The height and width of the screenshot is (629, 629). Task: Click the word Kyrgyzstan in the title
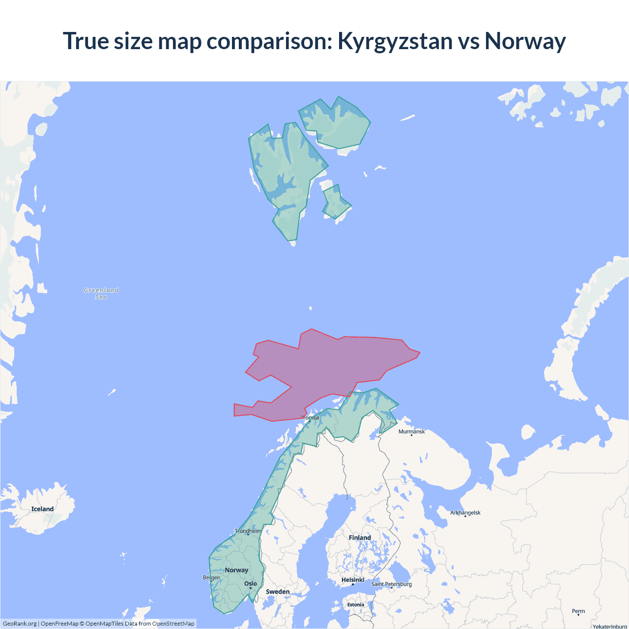pos(395,41)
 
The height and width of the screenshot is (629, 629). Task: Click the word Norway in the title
pos(525,41)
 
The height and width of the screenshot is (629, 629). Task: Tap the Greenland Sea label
pos(101,293)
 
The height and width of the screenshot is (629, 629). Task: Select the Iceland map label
pos(42,509)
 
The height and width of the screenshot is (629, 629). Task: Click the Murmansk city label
pos(411,431)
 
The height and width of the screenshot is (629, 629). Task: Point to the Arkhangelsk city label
pos(465,513)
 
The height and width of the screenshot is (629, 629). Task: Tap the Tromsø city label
pos(310,418)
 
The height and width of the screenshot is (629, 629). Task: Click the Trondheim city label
pos(248,531)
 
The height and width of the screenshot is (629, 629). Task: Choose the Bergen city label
pos(211,577)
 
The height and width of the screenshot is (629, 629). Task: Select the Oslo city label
pos(251,584)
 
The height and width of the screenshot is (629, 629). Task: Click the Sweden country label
pos(278,592)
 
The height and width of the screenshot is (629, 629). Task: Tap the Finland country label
pos(360,538)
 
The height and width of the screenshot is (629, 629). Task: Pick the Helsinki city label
pos(353,580)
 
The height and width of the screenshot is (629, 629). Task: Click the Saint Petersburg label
pos(392,584)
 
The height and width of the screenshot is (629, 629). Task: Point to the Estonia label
pos(356,605)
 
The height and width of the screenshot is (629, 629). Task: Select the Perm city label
pos(578,611)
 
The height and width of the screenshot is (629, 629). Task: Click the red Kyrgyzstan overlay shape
pos(334,364)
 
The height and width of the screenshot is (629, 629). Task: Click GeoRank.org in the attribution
pos(20,624)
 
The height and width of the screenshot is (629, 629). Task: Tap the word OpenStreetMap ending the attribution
pos(173,624)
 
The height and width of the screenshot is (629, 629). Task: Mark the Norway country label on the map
pos(236,570)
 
